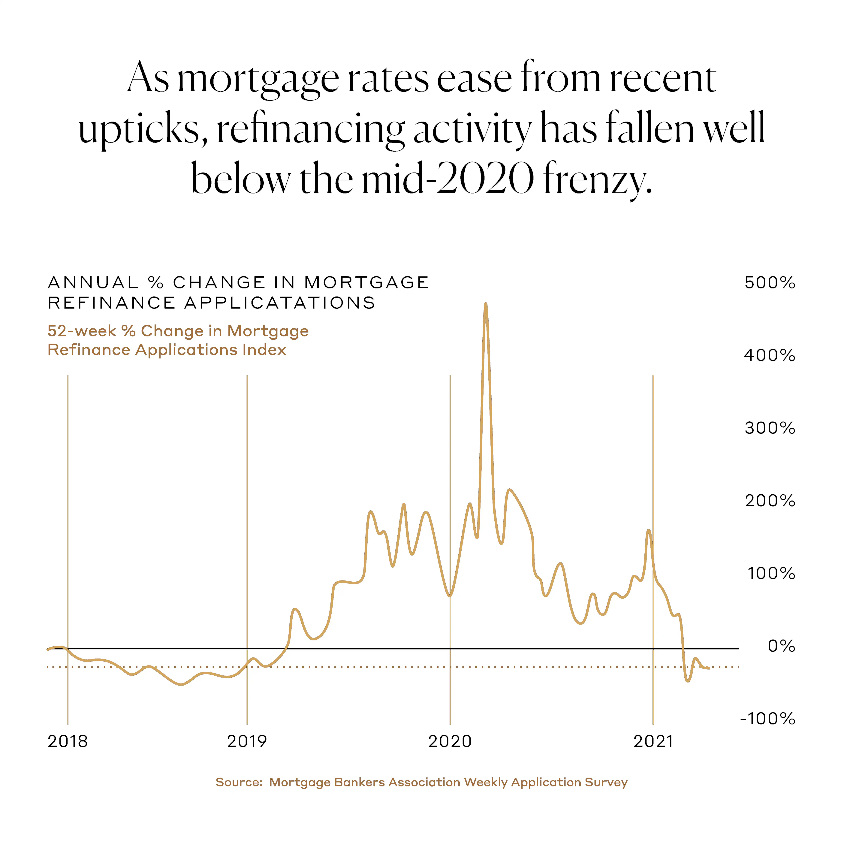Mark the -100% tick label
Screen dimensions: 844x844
767,719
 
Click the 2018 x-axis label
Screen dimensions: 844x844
68,741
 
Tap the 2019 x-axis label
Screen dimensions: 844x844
247,741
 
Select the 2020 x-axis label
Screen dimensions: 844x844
450,741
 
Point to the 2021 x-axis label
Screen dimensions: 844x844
653,741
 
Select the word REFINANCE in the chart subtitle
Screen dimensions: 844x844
111,303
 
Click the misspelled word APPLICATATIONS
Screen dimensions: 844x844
280,303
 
